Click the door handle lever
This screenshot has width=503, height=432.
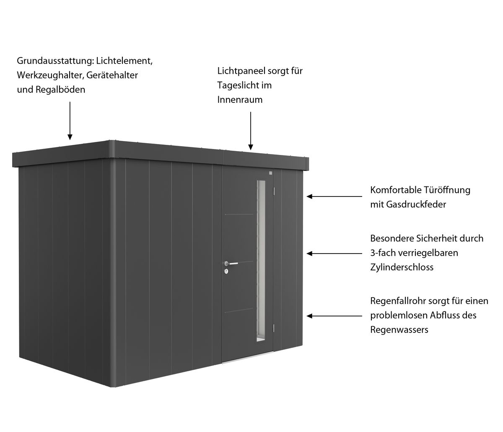(x=232, y=264)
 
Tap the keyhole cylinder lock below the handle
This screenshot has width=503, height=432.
(x=226, y=271)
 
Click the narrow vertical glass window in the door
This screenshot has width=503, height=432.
(x=261, y=260)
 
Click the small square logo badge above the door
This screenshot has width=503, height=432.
(x=270, y=173)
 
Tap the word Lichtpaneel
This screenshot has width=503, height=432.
(x=241, y=71)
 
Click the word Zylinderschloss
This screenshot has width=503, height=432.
(x=402, y=267)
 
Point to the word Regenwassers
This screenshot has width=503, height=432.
(x=399, y=330)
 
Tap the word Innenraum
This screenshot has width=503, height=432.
(x=240, y=100)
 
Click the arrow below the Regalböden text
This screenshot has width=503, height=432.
(x=70, y=121)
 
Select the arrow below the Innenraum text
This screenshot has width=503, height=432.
(x=251, y=131)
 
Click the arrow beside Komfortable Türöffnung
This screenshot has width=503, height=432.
(x=334, y=196)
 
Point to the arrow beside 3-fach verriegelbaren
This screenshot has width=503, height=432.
(x=334, y=254)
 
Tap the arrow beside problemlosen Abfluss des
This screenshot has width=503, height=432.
(x=334, y=316)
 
